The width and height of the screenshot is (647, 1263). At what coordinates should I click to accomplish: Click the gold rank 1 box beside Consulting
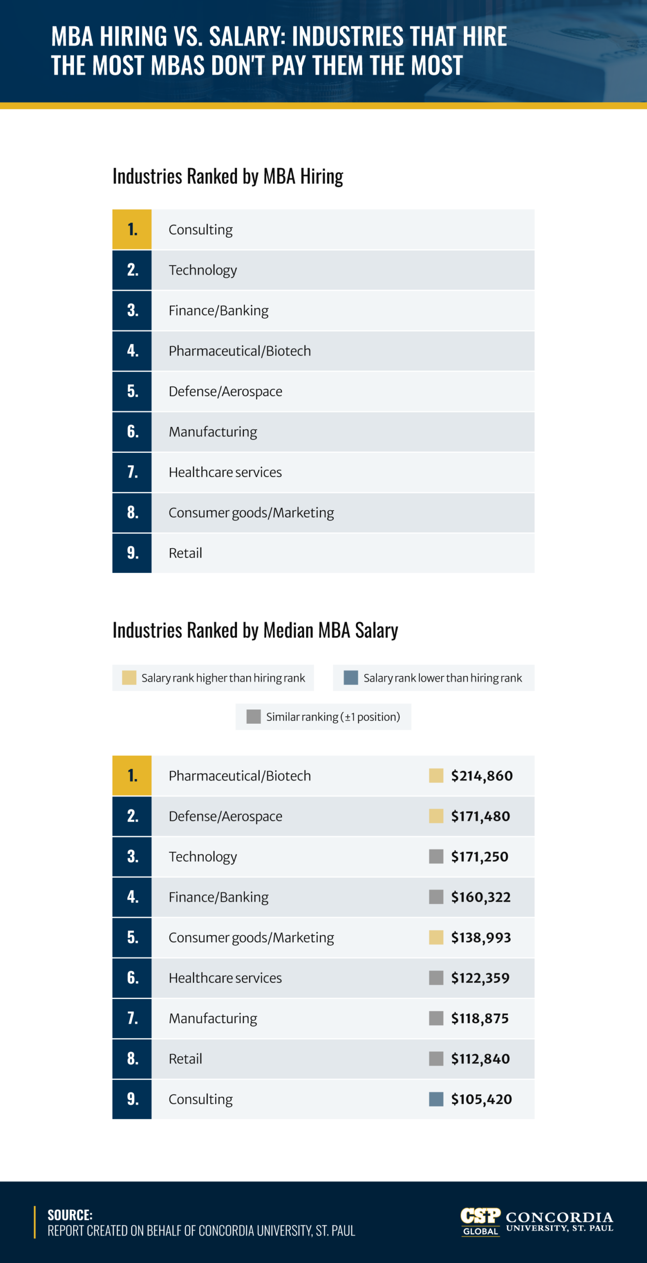tap(132, 229)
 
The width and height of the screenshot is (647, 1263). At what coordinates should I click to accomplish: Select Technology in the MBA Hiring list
tap(203, 270)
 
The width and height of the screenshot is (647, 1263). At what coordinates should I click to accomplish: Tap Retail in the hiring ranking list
tap(186, 553)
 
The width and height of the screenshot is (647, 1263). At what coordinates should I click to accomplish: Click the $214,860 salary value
tap(482, 776)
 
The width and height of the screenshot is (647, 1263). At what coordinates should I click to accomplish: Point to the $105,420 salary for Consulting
tap(481, 1099)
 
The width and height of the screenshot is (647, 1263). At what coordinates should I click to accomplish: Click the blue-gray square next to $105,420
tap(436, 1099)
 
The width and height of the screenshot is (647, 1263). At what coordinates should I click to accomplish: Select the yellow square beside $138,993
tap(436, 937)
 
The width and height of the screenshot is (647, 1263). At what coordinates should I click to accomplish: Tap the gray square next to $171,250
tap(436, 856)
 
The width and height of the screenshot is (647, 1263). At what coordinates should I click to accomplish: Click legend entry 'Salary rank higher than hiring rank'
tap(213, 678)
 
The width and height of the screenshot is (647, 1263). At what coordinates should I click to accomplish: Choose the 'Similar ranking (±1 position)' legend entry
tap(323, 717)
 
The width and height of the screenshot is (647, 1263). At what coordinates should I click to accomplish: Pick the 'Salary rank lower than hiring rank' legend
tap(433, 678)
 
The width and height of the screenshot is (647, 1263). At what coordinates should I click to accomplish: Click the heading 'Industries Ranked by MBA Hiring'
tap(228, 176)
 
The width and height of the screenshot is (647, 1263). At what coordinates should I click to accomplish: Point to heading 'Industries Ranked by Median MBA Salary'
tap(255, 630)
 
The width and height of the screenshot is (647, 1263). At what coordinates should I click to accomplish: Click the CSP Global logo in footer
tap(480, 1221)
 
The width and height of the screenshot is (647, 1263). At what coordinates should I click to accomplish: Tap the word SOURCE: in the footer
tap(70, 1215)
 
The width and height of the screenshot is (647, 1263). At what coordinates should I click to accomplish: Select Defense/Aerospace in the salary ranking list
tap(226, 816)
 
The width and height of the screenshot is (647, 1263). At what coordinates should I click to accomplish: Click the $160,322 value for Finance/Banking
tap(481, 897)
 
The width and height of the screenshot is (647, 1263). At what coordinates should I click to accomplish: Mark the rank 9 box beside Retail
tap(132, 553)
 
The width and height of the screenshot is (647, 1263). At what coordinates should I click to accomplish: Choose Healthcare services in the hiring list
tap(225, 472)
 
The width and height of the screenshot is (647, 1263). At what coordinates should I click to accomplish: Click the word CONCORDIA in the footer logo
tap(559, 1217)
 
